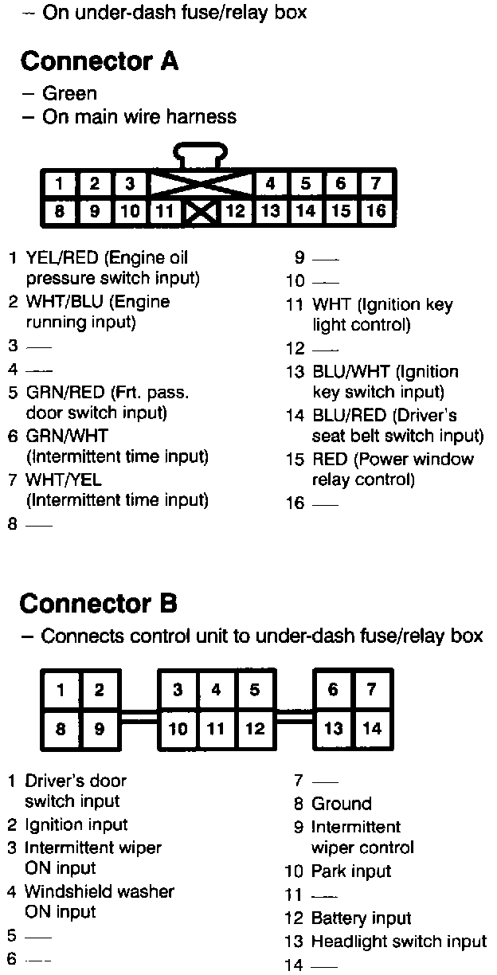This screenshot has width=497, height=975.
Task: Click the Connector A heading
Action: click(99, 61)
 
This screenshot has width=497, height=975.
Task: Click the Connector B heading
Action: click(99, 603)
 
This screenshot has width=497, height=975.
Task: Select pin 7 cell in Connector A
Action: click(376, 183)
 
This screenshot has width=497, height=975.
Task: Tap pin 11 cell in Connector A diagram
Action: click(165, 211)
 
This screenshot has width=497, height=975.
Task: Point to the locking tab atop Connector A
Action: click(202, 153)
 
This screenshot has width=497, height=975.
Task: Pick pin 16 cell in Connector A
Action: click(376, 211)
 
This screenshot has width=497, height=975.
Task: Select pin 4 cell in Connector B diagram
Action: click(216, 690)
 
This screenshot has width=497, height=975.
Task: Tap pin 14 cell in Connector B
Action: click(371, 728)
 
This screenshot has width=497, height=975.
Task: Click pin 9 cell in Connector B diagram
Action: click(99, 728)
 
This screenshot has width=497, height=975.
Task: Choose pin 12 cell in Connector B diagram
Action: click(255, 728)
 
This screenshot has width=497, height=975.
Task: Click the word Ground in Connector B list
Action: click(342, 804)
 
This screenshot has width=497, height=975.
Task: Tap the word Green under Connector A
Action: click(69, 93)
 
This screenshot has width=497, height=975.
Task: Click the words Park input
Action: click(351, 871)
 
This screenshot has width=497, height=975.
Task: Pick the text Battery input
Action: click(361, 918)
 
